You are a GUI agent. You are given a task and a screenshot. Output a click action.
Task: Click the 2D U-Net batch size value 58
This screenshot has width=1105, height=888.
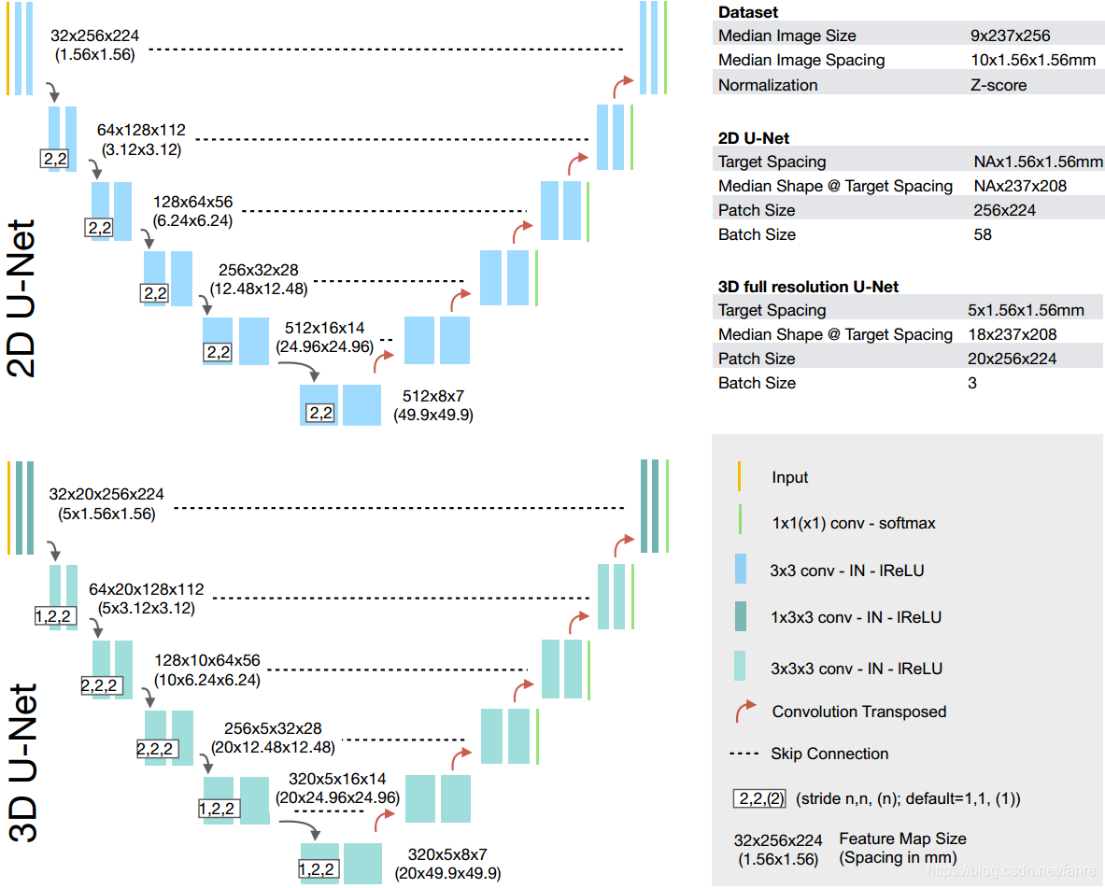[x=983, y=234]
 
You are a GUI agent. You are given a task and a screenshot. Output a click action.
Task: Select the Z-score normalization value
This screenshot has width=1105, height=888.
[x=999, y=85]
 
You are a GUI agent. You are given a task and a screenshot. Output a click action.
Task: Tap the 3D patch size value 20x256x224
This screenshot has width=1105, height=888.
[x=1012, y=359]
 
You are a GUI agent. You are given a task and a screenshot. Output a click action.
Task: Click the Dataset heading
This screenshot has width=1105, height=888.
[x=747, y=12]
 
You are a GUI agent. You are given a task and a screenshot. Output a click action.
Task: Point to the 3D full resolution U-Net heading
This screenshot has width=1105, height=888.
[x=808, y=287]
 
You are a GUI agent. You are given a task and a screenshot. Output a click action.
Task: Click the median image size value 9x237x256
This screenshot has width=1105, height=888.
[x=1010, y=35]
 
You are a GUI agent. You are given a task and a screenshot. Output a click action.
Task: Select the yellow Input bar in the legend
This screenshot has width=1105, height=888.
[x=739, y=476]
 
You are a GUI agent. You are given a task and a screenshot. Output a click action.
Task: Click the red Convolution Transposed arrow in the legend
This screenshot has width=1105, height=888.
[x=745, y=711]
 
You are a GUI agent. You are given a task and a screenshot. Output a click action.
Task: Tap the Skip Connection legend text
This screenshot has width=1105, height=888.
[x=829, y=754]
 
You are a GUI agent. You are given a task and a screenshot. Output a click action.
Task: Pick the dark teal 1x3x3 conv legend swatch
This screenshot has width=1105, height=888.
[x=741, y=616]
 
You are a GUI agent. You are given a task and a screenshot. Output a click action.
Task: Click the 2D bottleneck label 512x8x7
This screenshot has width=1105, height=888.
[x=432, y=396]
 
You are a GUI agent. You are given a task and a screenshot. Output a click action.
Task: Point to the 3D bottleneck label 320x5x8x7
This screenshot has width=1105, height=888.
[x=447, y=855]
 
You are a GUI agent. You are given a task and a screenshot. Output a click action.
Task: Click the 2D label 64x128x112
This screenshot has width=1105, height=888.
[x=141, y=131]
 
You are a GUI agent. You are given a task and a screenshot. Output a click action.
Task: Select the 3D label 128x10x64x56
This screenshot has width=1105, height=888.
[x=207, y=660]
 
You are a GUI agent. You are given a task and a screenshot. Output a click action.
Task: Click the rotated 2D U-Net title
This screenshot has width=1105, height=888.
[x=21, y=298]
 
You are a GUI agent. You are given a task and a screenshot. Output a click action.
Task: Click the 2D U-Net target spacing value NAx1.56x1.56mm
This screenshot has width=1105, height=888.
[x=1038, y=162]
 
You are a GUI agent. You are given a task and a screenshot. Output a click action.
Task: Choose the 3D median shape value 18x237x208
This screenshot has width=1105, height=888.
[x=1012, y=335]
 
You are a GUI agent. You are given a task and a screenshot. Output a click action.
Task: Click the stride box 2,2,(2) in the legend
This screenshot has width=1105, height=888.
[x=759, y=798]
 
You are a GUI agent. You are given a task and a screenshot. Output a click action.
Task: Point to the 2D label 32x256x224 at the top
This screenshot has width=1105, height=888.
[x=94, y=35]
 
